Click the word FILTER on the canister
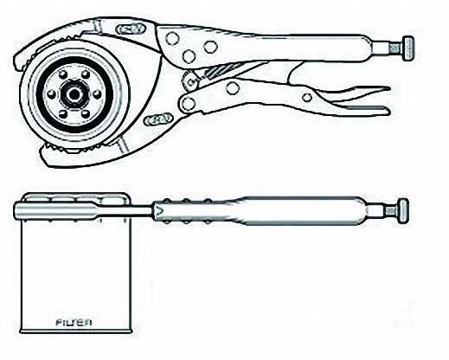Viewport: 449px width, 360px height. (x=74, y=322)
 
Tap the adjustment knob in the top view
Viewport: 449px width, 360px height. (x=407, y=48)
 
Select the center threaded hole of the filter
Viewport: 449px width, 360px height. (x=74, y=94)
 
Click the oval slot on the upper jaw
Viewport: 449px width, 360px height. (x=130, y=29)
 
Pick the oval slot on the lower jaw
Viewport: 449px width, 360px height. (x=158, y=119)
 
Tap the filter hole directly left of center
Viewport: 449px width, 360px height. (x=51, y=94)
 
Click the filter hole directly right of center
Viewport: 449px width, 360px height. (x=97, y=93)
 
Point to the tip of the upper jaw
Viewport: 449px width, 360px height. (x=16, y=66)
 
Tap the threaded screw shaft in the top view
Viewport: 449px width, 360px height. (x=395, y=48)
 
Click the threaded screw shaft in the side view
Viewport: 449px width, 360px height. (x=392, y=210)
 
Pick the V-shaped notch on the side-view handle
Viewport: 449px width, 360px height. (x=158, y=211)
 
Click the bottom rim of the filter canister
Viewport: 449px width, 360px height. (x=76, y=331)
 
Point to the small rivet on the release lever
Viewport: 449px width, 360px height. (x=307, y=98)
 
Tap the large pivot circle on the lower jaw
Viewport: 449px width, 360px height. (x=188, y=103)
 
